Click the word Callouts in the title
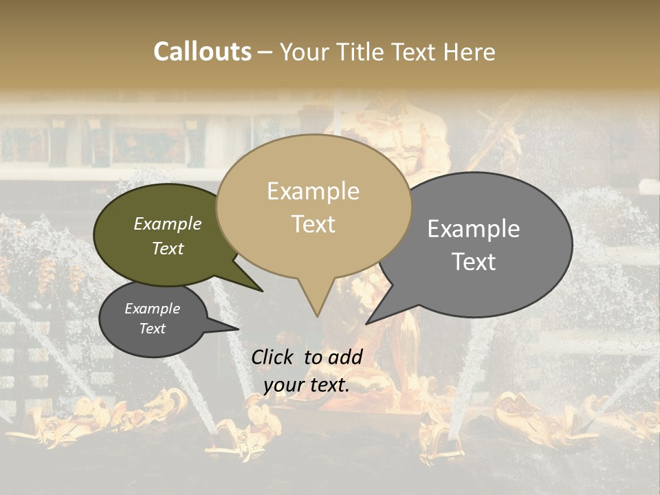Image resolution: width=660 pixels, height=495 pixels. pyautogui.click(x=202, y=52)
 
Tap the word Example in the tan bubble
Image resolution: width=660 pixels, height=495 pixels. pyautogui.click(x=313, y=191)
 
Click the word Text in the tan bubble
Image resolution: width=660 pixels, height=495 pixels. pyautogui.click(x=313, y=224)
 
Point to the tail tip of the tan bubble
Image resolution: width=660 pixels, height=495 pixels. pyautogui.click(x=317, y=316)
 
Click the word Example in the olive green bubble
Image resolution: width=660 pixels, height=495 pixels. pyautogui.click(x=168, y=223)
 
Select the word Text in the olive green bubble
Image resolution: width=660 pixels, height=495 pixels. pyautogui.click(x=168, y=248)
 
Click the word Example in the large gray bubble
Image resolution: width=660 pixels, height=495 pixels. pyautogui.click(x=474, y=229)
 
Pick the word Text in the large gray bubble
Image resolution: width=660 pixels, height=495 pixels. pyautogui.click(x=474, y=261)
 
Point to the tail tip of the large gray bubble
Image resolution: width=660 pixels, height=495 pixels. pyautogui.click(x=368, y=323)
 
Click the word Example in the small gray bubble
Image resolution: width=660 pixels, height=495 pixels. pyautogui.click(x=153, y=309)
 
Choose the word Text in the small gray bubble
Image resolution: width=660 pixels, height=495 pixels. pyautogui.click(x=153, y=329)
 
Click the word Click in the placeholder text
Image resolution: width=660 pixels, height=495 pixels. pyautogui.click(x=273, y=356)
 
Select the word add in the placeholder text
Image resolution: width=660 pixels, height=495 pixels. pyautogui.click(x=345, y=356)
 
